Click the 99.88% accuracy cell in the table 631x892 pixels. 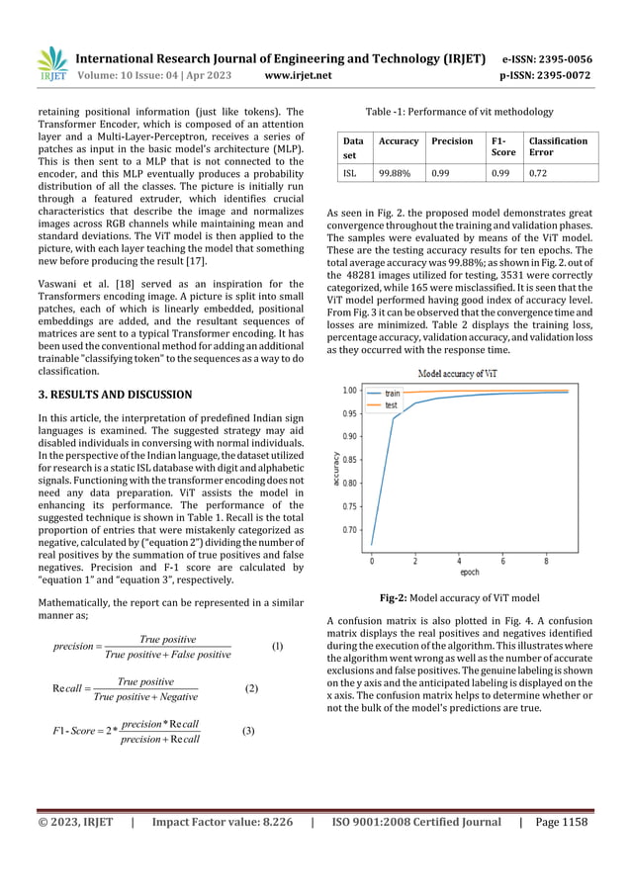(391, 173)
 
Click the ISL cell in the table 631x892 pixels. (349, 173)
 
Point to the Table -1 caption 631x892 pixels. (461, 112)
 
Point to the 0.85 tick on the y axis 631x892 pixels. (349, 460)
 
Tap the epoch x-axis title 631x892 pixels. (469, 572)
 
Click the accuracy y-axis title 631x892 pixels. (336, 469)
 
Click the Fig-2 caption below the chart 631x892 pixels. (460, 597)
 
